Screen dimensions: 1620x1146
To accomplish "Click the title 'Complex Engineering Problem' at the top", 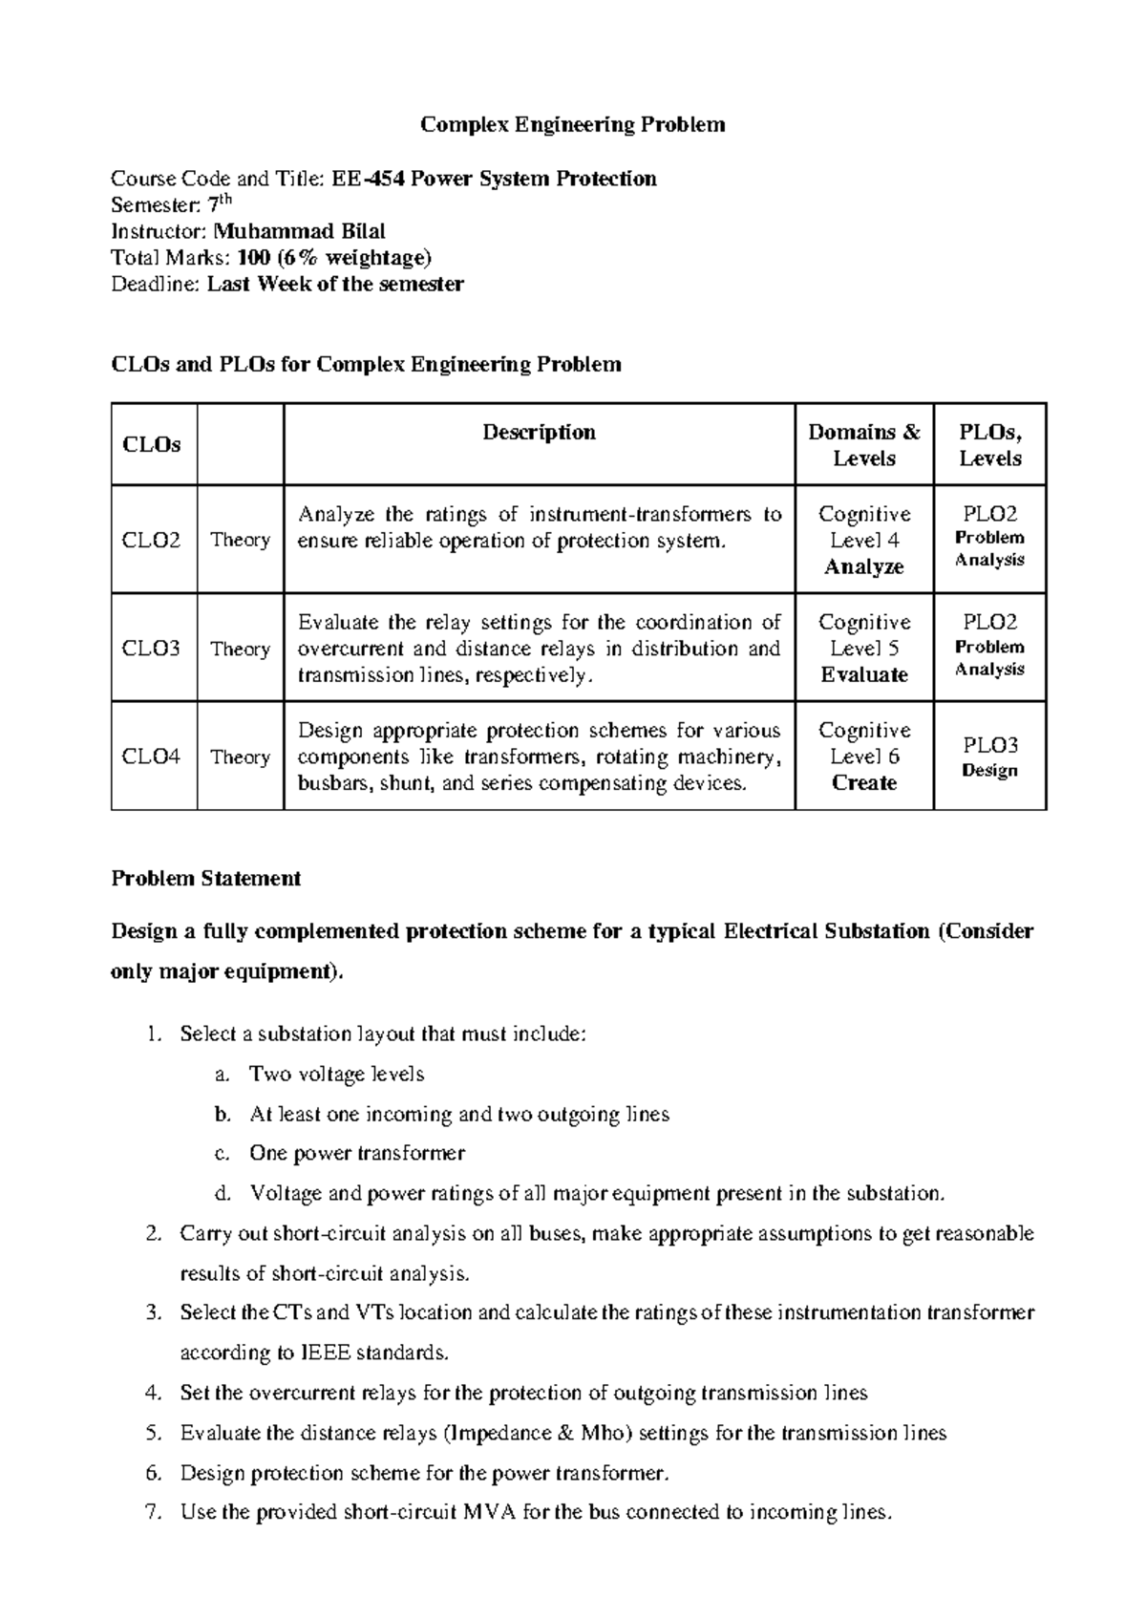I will pos(573,125).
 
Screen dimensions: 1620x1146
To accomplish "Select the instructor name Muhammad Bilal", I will pos(299,231).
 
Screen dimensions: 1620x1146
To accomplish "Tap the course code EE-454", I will pos(368,179).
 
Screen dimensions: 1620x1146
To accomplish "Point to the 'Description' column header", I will pos(539,433).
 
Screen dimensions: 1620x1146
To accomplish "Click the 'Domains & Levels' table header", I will pos(863,445).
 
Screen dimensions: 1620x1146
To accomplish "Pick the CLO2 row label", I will pos(152,540).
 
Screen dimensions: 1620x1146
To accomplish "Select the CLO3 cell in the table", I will pos(152,649).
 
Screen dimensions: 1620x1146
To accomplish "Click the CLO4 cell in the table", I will pos(152,757).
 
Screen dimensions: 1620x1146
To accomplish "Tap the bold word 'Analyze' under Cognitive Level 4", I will pos(863,566).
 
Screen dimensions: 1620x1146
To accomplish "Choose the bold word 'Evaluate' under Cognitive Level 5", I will pos(863,674).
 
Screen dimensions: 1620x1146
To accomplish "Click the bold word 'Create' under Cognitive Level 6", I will pos(863,783).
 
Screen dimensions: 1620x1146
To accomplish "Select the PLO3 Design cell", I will pos(989,757).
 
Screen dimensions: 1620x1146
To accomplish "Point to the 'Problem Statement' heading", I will pos(206,879).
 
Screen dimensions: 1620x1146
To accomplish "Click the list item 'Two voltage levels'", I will pos(336,1075).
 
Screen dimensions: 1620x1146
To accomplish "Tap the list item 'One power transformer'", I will pos(357,1154).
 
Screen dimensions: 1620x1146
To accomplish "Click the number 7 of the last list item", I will pos(152,1513).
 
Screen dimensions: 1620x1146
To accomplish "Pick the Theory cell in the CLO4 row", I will pos(240,757).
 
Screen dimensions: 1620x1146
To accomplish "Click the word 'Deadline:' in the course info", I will pos(156,285).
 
